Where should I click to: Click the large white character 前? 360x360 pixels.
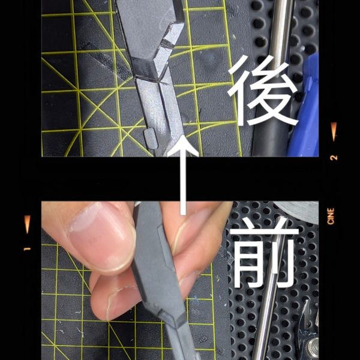point(264,254)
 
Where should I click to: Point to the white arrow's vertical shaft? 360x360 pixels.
point(183,181)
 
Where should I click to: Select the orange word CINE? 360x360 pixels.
point(331,216)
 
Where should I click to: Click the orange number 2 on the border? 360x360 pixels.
point(334,157)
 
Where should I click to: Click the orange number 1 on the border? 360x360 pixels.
point(27,249)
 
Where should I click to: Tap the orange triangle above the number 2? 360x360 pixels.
point(334,131)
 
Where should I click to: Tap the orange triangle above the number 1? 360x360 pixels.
point(28,224)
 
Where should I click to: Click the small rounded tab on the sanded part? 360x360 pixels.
point(151,138)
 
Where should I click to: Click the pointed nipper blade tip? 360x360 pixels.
point(306,301)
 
